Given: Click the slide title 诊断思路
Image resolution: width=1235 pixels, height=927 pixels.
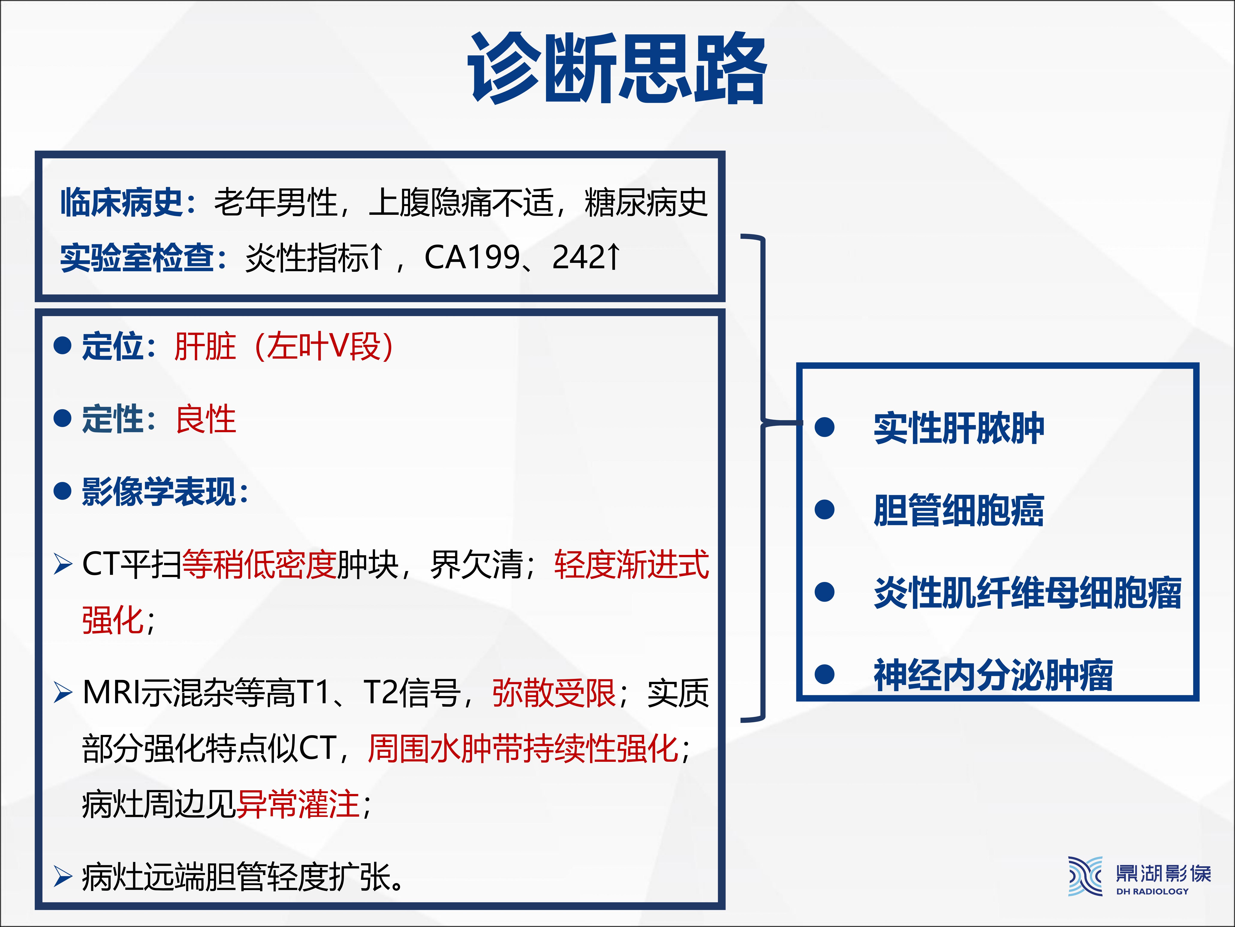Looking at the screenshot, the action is click(617, 68).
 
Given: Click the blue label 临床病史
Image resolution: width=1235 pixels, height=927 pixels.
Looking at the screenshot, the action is click(122, 202).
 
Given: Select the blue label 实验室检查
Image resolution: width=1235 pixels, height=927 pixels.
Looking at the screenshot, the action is click(137, 258).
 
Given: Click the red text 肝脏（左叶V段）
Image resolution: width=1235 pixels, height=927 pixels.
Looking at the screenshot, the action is click(284, 346).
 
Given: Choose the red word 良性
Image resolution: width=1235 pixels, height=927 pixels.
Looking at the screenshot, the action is click(205, 419).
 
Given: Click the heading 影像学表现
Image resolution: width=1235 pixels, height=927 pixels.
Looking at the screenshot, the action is click(159, 492).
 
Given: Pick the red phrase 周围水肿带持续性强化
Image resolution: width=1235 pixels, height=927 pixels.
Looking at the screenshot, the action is click(523, 749).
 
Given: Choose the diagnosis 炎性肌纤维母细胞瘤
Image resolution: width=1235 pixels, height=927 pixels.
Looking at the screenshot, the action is click(1027, 592).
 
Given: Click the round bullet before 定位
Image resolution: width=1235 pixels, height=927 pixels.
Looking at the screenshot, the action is click(63, 345).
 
